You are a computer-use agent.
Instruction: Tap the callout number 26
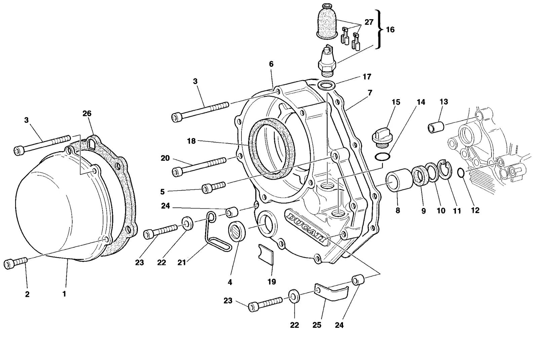click(87, 113)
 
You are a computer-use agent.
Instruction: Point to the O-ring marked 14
click(382, 157)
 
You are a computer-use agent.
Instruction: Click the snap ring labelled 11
click(445, 170)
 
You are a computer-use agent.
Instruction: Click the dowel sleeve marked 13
click(436, 127)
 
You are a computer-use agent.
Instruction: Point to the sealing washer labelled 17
click(326, 85)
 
